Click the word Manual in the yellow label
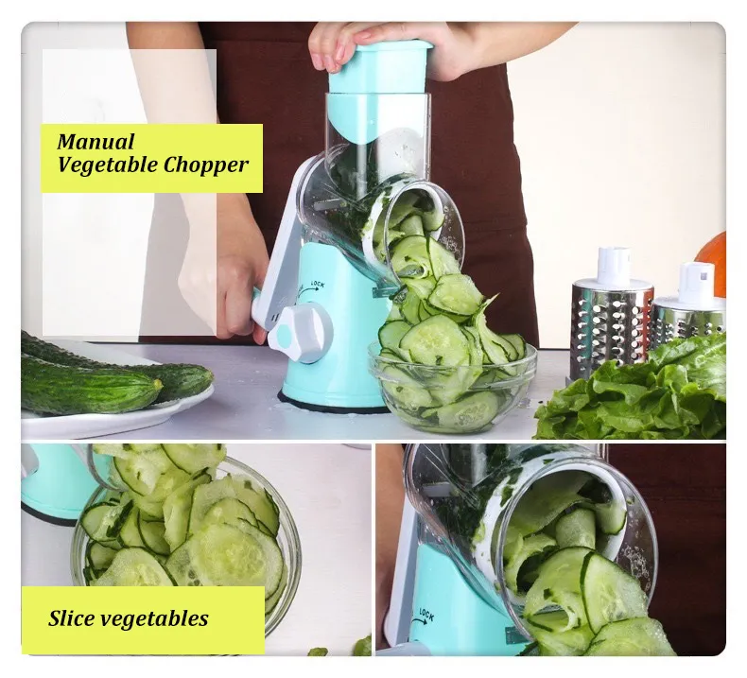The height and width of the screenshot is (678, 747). click(96, 143)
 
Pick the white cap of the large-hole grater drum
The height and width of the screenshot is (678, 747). click(614, 268)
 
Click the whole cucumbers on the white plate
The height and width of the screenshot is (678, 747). click(104, 378)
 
